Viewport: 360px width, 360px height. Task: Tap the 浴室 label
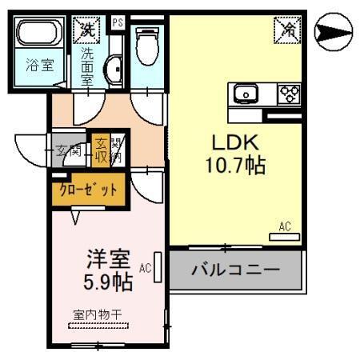pyautogui.click(x=39, y=66)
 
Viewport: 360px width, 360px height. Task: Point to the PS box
pyautogui.click(x=118, y=22)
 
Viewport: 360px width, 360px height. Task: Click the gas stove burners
pyautogui.click(x=288, y=94)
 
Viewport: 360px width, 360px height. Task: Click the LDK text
pyautogui.click(x=234, y=142)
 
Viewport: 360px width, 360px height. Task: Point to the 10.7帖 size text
pyautogui.click(x=234, y=166)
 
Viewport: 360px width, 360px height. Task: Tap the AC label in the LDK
pyautogui.click(x=285, y=226)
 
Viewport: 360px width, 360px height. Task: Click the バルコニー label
pyautogui.click(x=235, y=270)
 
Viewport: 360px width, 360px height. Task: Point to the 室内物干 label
pyautogui.click(x=97, y=314)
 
